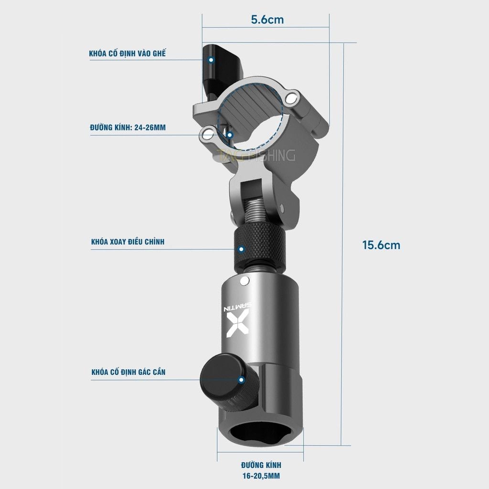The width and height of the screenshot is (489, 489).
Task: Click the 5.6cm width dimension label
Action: click(x=267, y=20)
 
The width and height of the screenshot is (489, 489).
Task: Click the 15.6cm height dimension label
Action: click(x=381, y=245)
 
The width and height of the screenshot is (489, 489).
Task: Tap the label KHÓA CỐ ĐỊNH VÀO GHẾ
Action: click(x=127, y=53)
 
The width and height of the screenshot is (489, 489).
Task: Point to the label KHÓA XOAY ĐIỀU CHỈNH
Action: click(x=128, y=242)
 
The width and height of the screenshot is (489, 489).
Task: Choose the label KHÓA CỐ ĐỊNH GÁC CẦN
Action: click(x=128, y=372)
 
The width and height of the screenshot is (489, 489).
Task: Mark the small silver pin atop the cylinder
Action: click(x=245, y=280)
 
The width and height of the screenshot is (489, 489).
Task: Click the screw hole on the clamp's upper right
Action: click(x=290, y=98)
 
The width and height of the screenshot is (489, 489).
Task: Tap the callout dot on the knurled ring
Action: click(x=242, y=249)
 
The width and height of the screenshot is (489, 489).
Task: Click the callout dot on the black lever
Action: click(x=211, y=60)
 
